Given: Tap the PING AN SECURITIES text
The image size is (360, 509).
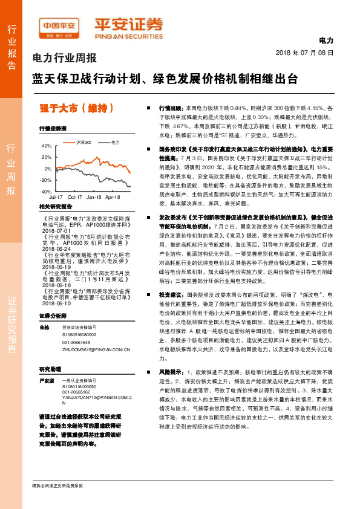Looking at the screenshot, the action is click(128, 36).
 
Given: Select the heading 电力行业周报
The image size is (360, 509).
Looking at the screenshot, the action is click(64, 59).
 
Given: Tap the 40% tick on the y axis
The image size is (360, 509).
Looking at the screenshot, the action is click(47, 146).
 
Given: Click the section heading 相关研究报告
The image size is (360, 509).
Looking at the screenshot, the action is click(55, 207).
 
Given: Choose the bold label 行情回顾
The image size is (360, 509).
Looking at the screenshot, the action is click(169, 106).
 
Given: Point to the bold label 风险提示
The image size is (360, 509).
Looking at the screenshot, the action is click(169, 371).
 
